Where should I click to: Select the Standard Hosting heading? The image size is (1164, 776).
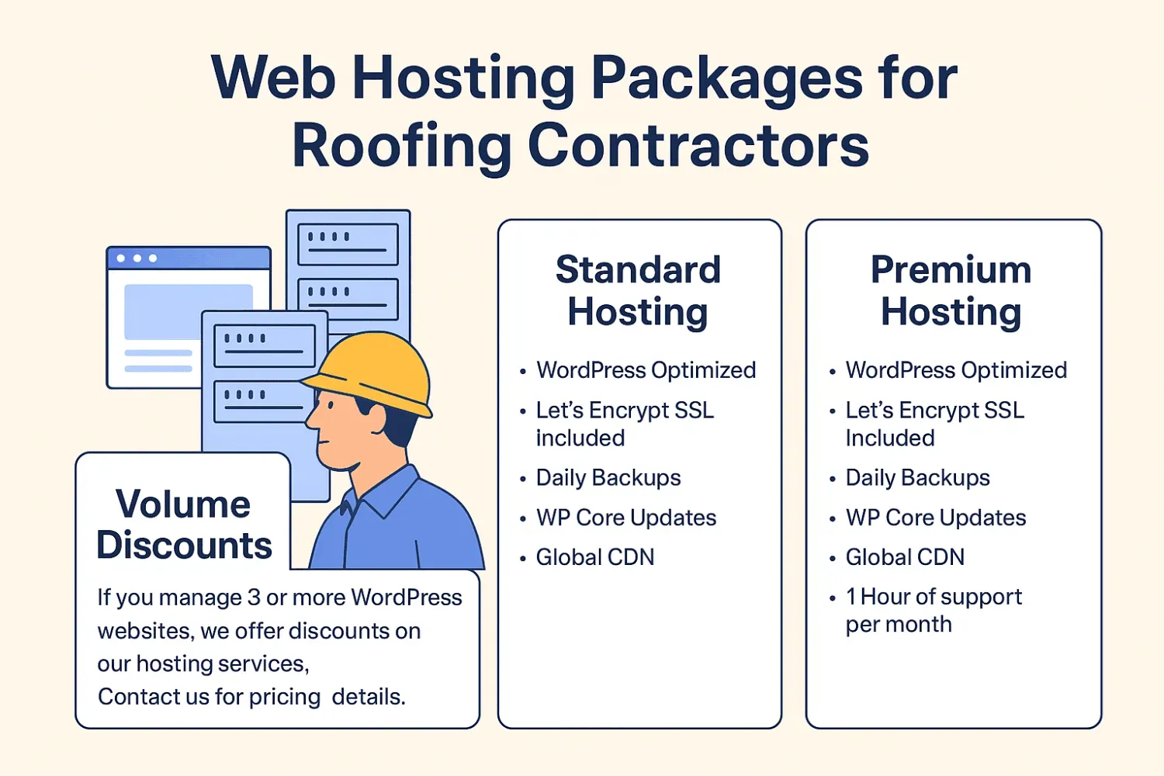click(638, 291)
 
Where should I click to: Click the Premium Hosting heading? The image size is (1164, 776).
click(951, 291)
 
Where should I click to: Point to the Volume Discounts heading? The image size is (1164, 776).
click(184, 525)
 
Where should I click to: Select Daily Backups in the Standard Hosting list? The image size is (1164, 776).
click(608, 478)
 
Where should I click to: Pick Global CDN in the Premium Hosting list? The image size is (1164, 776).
click(905, 557)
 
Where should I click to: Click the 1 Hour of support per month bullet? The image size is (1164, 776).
click(933, 610)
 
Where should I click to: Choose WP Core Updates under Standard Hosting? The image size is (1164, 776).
click(625, 518)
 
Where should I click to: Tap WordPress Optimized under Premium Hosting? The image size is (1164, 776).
click(956, 370)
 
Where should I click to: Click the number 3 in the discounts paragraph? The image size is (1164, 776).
click(254, 598)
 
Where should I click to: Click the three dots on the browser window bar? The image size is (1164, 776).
click(137, 258)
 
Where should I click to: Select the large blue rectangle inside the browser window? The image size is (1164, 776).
click(189, 311)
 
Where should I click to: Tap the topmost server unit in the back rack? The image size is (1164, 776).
click(348, 244)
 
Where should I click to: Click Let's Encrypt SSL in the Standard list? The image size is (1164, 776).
click(625, 411)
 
